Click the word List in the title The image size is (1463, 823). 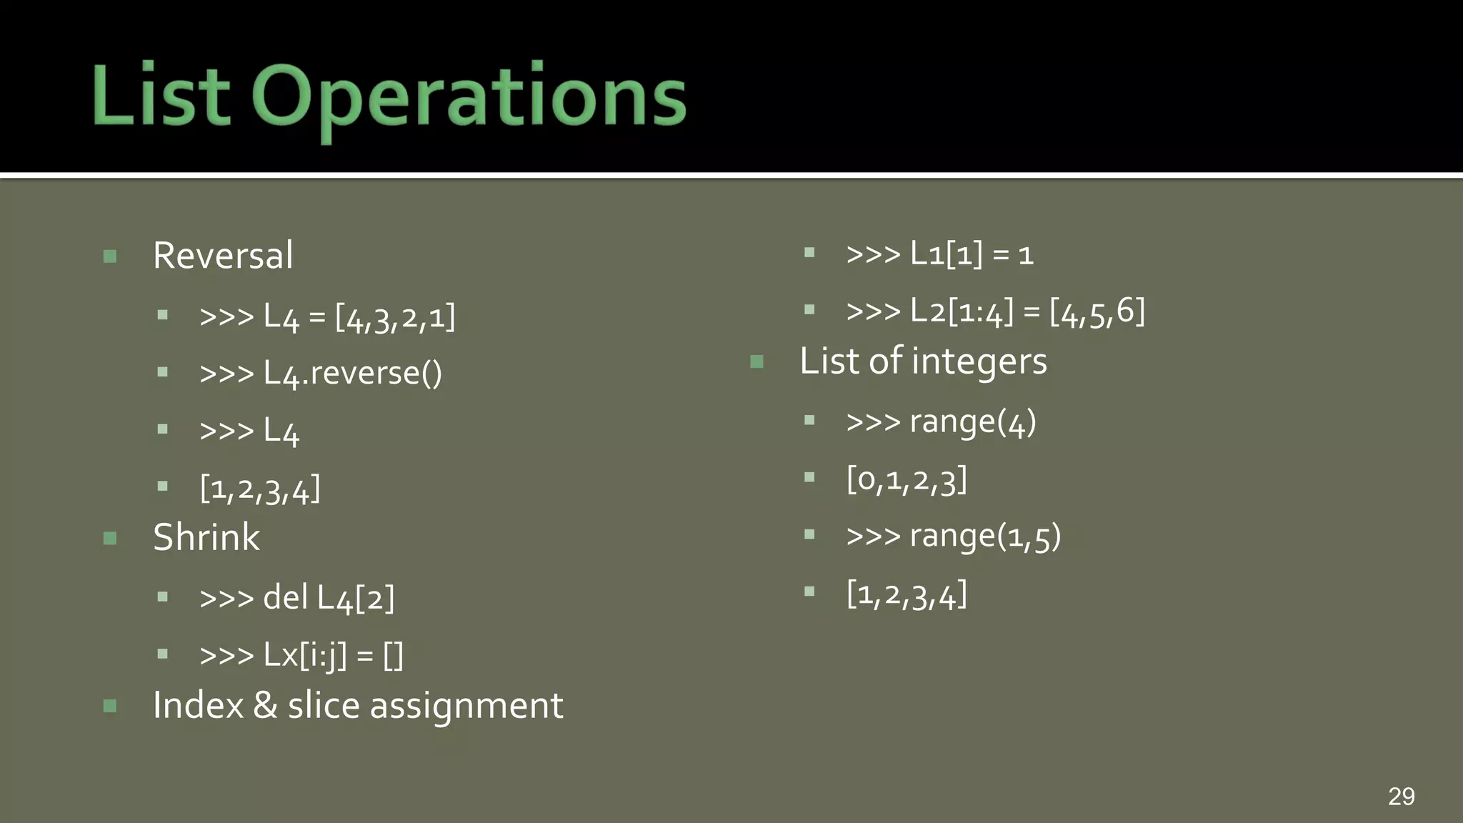(161, 96)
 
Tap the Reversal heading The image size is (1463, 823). (223, 256)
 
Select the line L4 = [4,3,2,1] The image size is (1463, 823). (327, 316)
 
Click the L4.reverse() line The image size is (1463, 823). (321, 374)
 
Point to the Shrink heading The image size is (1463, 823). (206, 537)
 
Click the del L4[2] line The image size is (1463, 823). (296, 598)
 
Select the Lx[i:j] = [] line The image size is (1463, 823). (301, 655)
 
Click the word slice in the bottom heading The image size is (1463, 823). (324, 706)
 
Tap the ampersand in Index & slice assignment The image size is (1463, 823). (265, 706)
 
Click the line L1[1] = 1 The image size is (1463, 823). (939, 254)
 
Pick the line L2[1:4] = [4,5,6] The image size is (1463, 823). (995, 311)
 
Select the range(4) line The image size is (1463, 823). (941, 422)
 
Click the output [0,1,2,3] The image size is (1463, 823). (907, 479)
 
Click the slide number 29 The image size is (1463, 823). (1401, 796)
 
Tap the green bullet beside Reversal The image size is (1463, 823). (110, 256)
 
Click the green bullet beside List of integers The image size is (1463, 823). (757, 361)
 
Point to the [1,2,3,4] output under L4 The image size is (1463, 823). (260, 489)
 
